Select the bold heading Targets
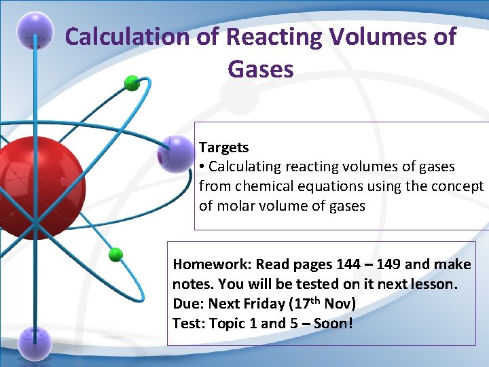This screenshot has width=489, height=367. pyautogui.click(x=223, y=147)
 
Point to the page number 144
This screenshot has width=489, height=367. pyautogui.click(x=350, y=264)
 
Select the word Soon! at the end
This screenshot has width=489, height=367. pyautogui.click(x=333, y=324)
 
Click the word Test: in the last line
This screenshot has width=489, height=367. pyautogui.click(x=187, y=324)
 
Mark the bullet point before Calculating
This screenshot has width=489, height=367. pyautogui.click(x=202, y=167)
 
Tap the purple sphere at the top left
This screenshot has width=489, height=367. pyautogui.click(x=35, y=30)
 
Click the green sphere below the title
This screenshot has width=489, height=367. pyautogui.click(x=132, y=84)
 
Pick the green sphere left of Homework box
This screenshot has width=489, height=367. pyautogui.click(x=115, y=255)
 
